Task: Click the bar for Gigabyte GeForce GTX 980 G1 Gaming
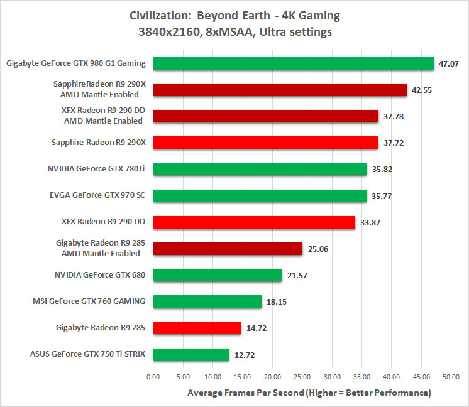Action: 293,63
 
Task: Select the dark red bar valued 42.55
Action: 279,90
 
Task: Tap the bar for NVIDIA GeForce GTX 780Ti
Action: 259,169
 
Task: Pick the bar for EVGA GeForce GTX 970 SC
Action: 259,196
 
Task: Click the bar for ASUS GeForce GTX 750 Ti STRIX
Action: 190,354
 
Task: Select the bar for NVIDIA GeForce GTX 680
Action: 217,275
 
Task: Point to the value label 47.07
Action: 448,63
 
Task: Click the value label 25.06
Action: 317,249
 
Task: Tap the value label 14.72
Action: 257,328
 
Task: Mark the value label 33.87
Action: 371,222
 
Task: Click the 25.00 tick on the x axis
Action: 302,377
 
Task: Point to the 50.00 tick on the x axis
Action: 451,377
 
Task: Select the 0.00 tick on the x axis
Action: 153,377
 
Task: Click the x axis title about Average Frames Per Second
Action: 309,393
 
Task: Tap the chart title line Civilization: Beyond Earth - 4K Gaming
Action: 234,14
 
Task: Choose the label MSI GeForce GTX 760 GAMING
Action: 89,301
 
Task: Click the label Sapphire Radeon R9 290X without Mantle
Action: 99,143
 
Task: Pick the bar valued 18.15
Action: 207,301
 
